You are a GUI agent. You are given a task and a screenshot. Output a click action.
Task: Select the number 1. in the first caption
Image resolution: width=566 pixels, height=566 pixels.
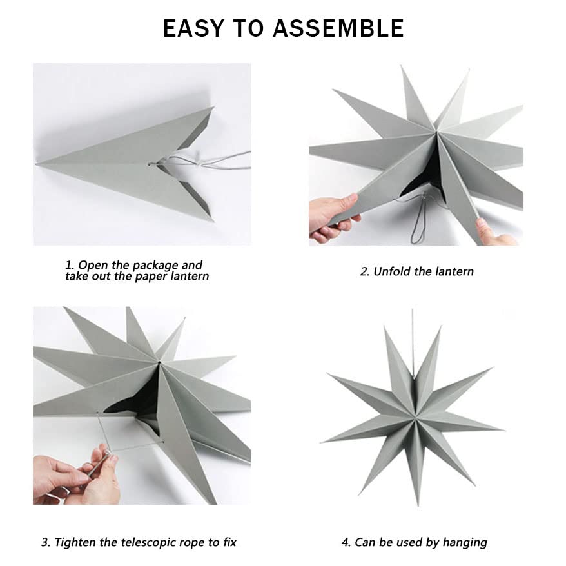click(70, 265)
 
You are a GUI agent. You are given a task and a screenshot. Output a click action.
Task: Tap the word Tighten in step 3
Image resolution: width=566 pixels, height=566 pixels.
click(76, 542)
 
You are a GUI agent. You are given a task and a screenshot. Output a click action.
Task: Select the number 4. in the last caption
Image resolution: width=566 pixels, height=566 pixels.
click(346, 542)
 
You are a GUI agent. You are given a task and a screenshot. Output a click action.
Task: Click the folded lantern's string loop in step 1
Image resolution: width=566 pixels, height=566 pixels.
click(193, 159)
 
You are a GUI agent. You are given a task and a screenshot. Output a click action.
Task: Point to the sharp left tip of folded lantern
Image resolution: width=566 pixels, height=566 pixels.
click(40, 165)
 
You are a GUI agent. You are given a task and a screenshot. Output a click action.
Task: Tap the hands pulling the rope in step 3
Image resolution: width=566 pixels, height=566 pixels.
click(81, 474)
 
